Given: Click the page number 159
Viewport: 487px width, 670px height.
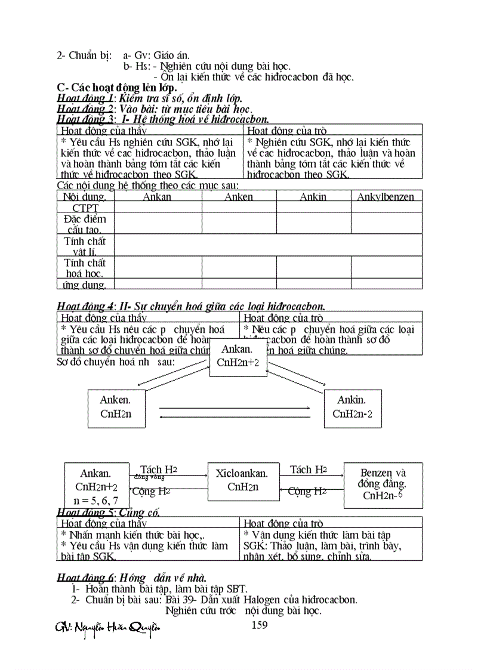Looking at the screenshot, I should click(x=260, y=625).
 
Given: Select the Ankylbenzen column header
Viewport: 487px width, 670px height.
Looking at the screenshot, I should click(x=386, y=197).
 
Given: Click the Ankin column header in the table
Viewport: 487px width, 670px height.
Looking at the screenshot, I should click(x=313, y=197).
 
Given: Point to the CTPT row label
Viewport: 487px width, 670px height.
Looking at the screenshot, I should click(x=85, y=208).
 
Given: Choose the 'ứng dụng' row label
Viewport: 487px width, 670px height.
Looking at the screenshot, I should click(x=85, y=285).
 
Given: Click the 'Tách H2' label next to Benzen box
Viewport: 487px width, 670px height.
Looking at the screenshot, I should click(x=309, y=470).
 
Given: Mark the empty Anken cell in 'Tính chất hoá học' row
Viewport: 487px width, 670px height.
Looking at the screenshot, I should click(x=239, y=267).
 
